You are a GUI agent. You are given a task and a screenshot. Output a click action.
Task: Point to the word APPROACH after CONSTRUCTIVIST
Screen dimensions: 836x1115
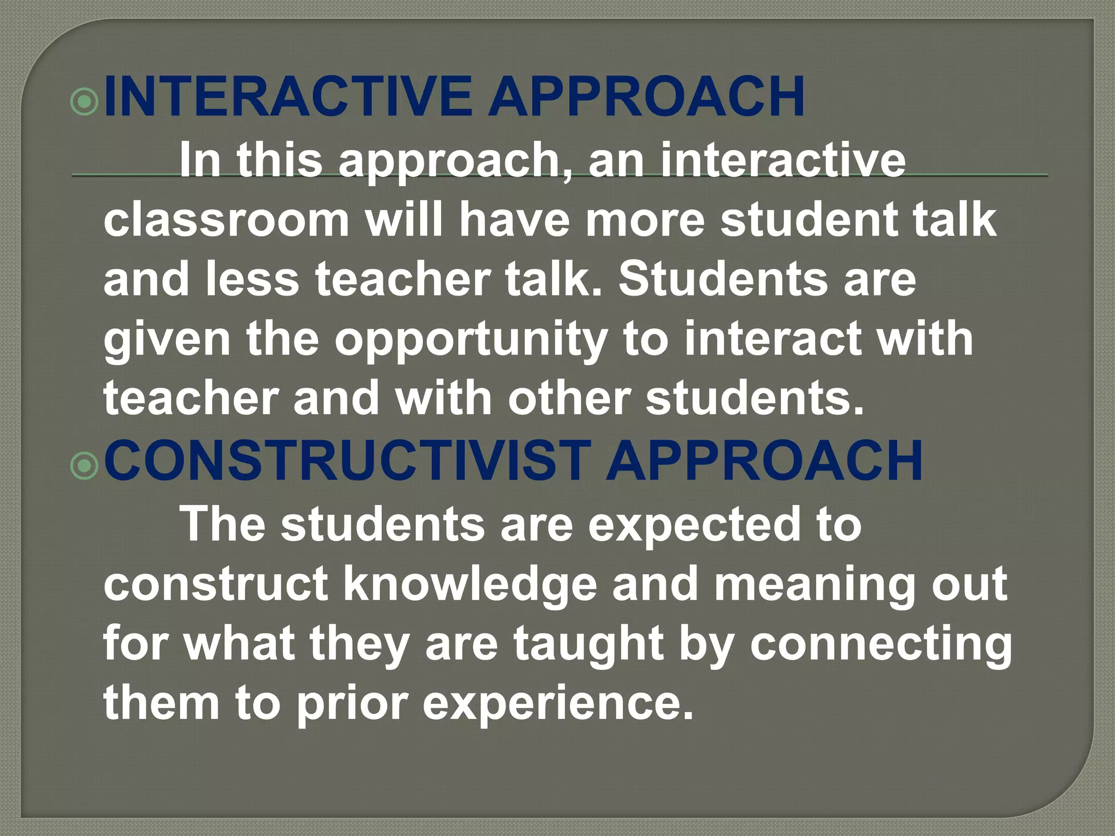(764, 460)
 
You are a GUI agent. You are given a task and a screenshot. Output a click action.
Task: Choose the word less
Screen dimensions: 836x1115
(252, 279)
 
